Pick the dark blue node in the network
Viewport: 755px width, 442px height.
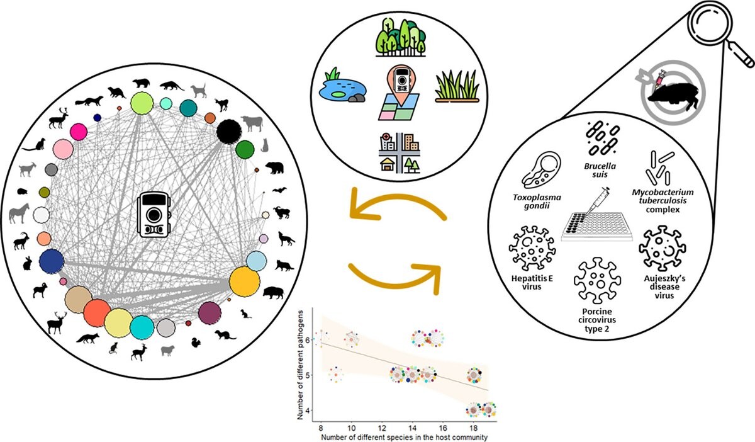(51, 261)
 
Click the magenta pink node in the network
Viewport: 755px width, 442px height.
(79, 132)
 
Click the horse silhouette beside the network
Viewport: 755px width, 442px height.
(19, 213)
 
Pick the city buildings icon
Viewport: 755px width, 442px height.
(401, 153)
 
